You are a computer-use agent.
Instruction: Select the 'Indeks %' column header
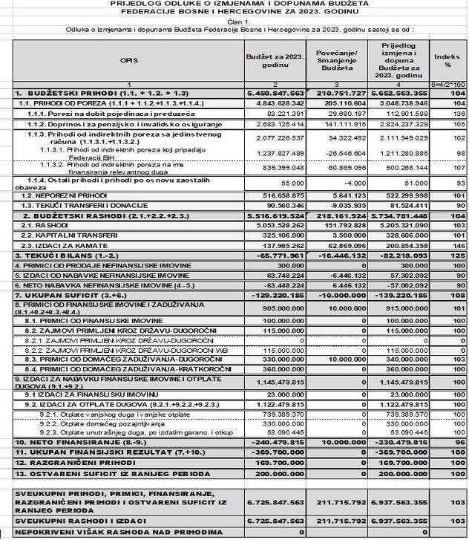[x=447, y=60]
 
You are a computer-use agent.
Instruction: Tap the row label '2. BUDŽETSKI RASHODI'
[x=64, y=213]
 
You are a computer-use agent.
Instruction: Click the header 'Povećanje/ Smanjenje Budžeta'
[x=337, y=59]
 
